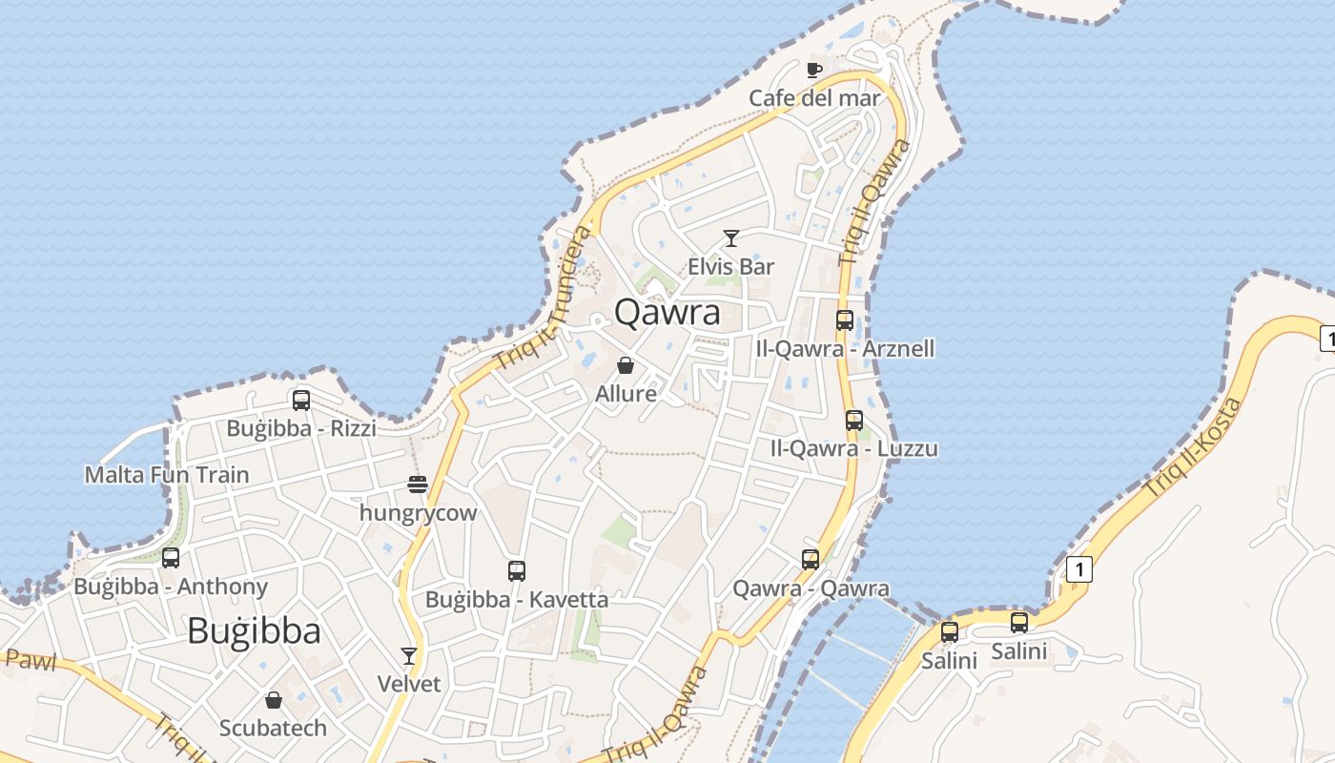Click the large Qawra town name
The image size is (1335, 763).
pyautogui.click(x=667, y=312)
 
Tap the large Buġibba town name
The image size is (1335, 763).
pyautogui.click(x=254, y=630)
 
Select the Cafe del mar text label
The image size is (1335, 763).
pyautogui.click(x=814, y=97)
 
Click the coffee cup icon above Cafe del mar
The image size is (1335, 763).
pyautogui.click(x=813, y=69)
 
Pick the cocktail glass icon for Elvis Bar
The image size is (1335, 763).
pyautogui.click(x=731, y=238)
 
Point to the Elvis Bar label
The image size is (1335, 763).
pyautogui.click(x=731, y=266)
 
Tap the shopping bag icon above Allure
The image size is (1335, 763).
pyautogui.click(x=626, y=365)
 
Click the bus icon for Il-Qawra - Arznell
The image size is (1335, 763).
pyautogui.click(x=845, y=320)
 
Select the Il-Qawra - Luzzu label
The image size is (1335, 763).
pyautogui.click(x=854, y=448)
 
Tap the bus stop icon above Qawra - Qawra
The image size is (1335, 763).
pyautogui.click(x=811, y=560)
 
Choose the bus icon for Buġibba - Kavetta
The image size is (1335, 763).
pyautogui.click(x=517, y=571)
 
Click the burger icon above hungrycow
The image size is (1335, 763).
pyautogui.click(x=418, y=485)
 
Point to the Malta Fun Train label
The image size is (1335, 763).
pyautogui.click(x=167, y=474)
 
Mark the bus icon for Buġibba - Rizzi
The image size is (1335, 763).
pyautogui.click(x=301, y=401)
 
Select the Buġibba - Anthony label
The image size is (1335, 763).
pyautogui.click(x=171, y=587)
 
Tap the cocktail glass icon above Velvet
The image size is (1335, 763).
pyautogui.click(x=409, y=655)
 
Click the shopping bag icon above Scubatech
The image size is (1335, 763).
pyautogui.click(x=274, y=700)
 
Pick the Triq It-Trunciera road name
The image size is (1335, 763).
pyautogui.click(x=544, y=299)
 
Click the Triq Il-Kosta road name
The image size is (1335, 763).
pyautogui.click(x=1194, y=446)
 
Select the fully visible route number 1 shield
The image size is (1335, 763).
pyautogui.click(x=1078, y=569)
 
